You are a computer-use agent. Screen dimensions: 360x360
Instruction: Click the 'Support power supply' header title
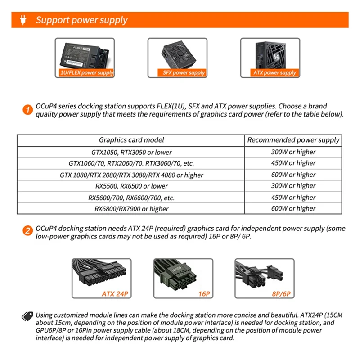point(81,20)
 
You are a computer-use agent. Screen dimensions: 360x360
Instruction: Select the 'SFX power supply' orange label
point(184,72)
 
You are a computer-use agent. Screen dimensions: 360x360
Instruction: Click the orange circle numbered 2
point(27,232)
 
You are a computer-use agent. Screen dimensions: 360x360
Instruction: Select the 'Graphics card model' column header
point(131,140)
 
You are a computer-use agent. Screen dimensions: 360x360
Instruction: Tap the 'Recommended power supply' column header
point(293,140)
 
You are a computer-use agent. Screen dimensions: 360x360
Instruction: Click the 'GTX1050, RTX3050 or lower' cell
point(131,152)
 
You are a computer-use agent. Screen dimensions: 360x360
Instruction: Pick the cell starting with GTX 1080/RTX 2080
point(131,175)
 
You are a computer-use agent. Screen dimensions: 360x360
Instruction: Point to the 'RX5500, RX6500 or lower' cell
point(131,186)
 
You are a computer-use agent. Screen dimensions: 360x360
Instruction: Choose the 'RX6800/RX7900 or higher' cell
point(131,208)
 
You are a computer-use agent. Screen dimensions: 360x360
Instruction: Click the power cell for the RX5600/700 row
point(293,197)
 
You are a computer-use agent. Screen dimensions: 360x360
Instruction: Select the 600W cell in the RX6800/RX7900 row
point(293,208)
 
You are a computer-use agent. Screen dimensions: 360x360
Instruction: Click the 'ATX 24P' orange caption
point(115,294)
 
